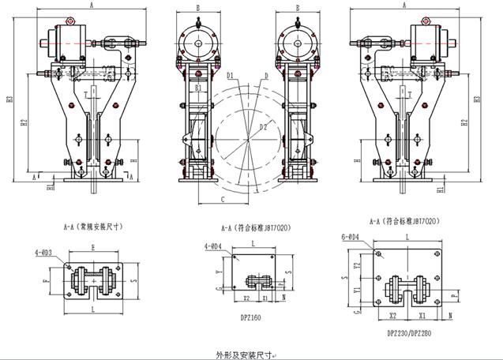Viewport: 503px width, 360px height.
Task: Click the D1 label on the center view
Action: point(230,75)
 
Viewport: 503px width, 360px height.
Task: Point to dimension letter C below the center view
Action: point(223,199)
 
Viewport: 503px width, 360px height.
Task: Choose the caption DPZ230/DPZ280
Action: point(410,332)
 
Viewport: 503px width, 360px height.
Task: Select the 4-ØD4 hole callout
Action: point(212,246)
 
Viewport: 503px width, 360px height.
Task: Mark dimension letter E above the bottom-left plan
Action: point(94,246)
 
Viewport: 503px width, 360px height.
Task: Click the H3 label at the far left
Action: point(9,100)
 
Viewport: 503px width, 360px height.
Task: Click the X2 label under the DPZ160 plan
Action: point(246,298)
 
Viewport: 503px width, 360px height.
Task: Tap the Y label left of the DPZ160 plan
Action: point(217,271)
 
